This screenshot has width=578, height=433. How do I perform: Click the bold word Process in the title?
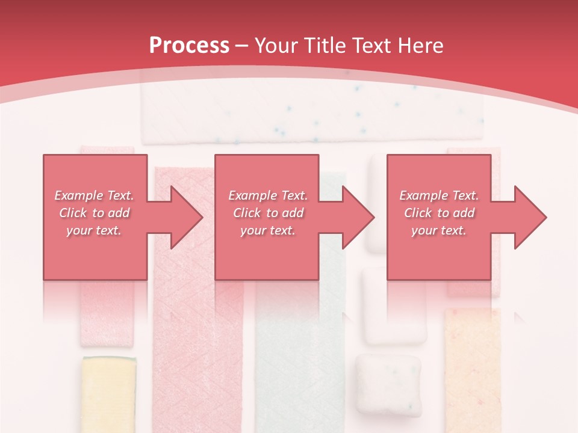coord(189,46)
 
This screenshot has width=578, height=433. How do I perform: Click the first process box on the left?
coord(95,217)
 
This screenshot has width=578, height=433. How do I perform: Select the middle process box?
coord(267,217)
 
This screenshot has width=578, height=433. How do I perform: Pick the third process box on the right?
coord(439,217)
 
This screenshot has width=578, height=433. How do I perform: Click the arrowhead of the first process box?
coord(187,217)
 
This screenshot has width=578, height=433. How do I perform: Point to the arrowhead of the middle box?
coord(359,217)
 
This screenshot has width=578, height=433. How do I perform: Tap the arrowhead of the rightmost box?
coord(530,217)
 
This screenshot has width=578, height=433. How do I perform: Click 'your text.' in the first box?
coord(94,230)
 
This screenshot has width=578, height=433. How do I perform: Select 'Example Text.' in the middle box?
coord(268,195)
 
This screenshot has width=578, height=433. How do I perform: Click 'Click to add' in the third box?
coord(440,213)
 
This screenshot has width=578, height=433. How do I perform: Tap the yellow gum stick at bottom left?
coord(109,394)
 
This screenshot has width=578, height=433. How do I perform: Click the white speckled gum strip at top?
coord(312,114)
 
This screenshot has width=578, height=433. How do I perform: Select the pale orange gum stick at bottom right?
coord(473,367)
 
